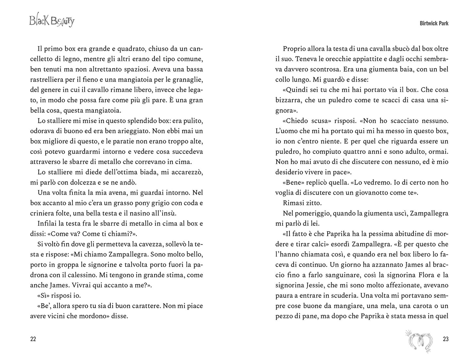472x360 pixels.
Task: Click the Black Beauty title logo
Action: [x=52, y=21]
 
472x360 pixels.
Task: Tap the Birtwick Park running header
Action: [x=429, y=24]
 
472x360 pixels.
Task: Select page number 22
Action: [x=33, y=339]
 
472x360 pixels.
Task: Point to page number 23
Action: [x=446, y=339]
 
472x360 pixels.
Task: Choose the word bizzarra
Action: [x=289, y=100]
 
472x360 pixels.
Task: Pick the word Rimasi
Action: [x=294, y=203]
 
